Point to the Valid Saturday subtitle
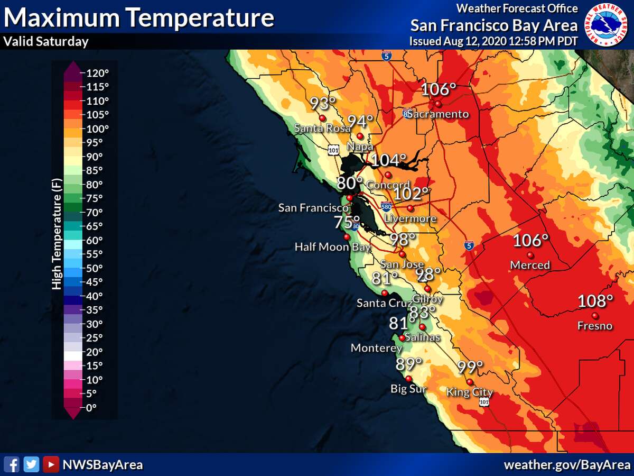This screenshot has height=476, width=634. (46, 42)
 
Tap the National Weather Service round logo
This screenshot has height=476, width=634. (608, 25)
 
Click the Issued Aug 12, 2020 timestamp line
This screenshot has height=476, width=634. (493, 41)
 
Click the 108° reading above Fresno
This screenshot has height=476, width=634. (595, 301)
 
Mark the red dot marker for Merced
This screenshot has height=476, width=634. (530, 255)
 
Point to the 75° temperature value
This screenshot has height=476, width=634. (347, 222)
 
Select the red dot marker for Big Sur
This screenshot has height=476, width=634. (408, 378)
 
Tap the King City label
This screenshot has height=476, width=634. (470, 392)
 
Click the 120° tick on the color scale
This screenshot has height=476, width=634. (97, 73)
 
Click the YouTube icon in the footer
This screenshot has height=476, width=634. (51, 464)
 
